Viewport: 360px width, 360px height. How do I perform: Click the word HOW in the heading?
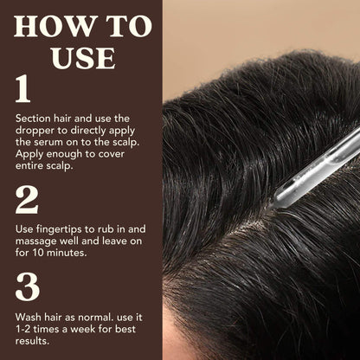click(x=55, y=25)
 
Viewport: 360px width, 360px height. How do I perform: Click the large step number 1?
click(x=23, y=90)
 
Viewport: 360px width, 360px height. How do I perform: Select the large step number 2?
click(x=26, y=201)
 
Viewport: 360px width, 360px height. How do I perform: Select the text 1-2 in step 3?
click(x=24, y=330)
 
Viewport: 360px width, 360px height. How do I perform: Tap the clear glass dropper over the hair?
click(x=312, y=164)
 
